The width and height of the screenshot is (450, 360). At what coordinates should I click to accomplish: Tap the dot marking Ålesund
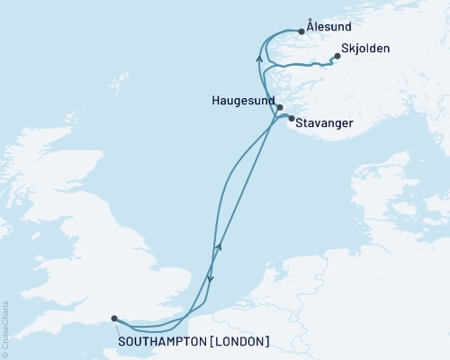(x=301, y=31)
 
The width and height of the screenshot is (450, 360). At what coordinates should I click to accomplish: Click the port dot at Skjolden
(x=337, y=57)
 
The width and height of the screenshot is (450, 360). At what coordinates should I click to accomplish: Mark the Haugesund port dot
(x=280, y=108)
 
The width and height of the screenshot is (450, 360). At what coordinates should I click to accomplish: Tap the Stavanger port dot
(x=290, y=118)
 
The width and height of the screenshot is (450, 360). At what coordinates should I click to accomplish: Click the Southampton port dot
(x=113, y=318)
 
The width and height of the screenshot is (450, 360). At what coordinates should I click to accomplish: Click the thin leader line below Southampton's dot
(x=117, y=327)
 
